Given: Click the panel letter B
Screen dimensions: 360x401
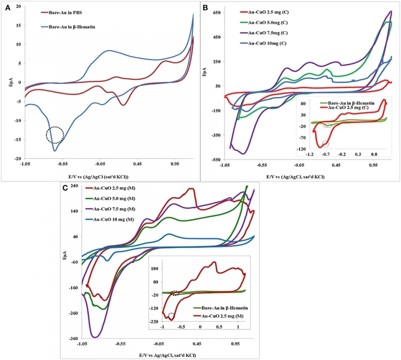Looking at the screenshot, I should tap(205, 8).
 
